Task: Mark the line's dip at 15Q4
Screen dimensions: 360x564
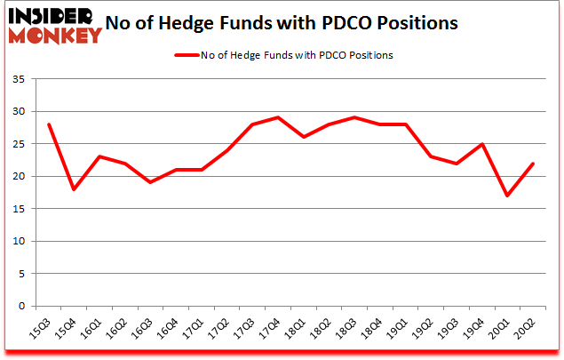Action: pos(73,189)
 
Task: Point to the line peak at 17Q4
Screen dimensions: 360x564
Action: pos(278,117)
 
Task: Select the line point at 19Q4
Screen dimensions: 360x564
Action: pos(482,144)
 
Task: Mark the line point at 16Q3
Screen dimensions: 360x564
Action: pos(150,182)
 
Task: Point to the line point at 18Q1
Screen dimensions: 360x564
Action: pos(304,137)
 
